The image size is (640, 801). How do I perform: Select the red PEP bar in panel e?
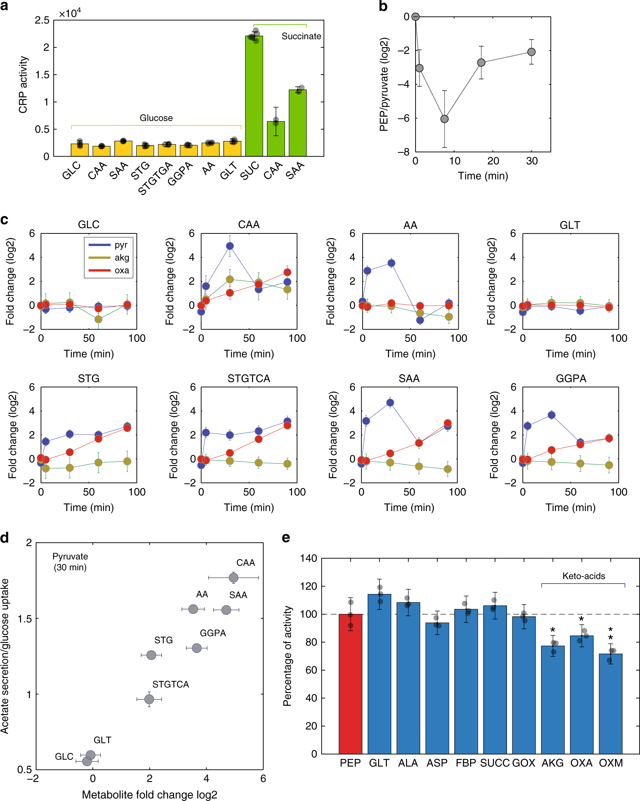[350, 684]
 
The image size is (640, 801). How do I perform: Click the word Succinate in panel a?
[301, 36]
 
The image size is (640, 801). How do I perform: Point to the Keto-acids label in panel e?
[583, 576]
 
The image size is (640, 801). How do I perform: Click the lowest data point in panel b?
[444, 119]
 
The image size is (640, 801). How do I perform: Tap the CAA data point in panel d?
[234, 578]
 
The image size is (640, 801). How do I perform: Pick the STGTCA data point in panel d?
[149, 699]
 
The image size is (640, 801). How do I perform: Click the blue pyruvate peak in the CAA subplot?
[230, 246]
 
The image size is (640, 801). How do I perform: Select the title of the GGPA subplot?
[571, 379]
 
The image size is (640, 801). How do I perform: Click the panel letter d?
[5, 538]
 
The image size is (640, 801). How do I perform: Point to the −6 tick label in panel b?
[403, 119]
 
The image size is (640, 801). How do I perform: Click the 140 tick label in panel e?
[309, 559]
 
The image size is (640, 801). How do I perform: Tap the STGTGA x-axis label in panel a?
[155, 178]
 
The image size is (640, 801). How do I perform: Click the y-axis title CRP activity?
[23, 85]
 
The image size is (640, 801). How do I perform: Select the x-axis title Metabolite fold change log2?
[149, 795]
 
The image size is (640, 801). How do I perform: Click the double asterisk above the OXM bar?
[610, 634]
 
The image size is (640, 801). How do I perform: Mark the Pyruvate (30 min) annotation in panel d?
[70, 562]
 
